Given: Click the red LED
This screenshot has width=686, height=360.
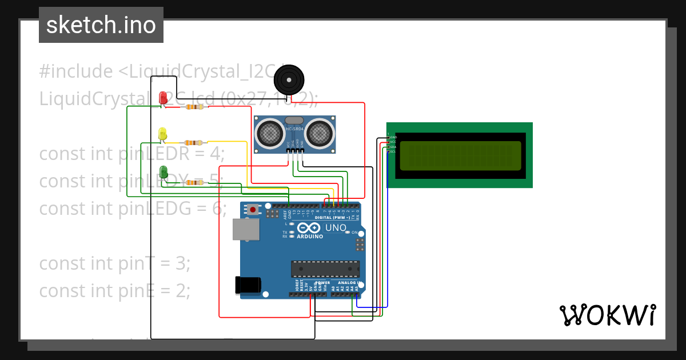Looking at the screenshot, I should [163, 97].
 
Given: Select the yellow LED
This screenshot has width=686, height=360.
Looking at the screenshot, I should [162, 134].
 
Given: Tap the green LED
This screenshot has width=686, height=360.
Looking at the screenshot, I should [163, 171].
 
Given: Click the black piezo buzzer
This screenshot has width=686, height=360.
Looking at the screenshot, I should [289, 79].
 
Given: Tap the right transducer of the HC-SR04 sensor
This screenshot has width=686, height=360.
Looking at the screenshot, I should [319, 133].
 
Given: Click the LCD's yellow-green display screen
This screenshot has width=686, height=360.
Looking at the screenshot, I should [460, 156].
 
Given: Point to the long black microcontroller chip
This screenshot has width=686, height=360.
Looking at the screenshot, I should [325, 269].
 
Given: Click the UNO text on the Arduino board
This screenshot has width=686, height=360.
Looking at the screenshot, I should [336, 228].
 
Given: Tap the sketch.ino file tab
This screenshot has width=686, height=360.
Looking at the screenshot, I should [101, 25].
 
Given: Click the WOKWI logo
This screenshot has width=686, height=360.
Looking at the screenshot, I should [607, 315].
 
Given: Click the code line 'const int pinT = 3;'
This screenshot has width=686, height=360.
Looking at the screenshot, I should [114, 263].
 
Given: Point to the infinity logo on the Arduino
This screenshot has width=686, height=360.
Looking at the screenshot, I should [309, 227].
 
